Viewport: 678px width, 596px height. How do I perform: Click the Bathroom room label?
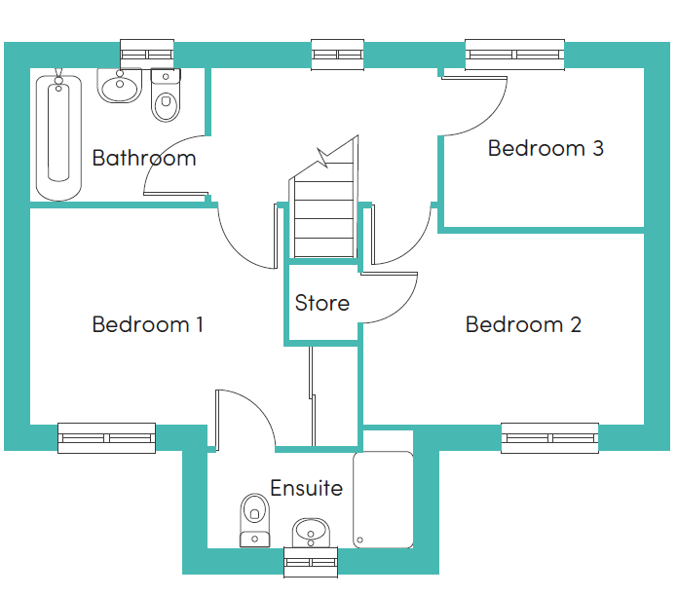(143, 158)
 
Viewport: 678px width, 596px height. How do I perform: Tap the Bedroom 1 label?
(147, 324)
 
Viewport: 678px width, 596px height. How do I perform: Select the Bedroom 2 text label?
(523, 324)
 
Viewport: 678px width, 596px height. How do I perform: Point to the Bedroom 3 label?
(546, 148)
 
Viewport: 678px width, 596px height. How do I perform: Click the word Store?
(321, 303)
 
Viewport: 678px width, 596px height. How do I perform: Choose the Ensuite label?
(306, 488)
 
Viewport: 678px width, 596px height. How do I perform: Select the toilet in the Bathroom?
(166, 97)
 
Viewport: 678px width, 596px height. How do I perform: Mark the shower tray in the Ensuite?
(383, 499)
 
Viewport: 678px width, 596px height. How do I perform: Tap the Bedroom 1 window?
(106, 437)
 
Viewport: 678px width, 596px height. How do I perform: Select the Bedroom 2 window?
(549, 437)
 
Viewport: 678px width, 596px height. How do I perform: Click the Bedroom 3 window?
(515, 55)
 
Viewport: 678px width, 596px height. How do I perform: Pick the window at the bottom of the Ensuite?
(311, 562)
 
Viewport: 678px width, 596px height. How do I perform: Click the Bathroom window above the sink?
(146, 55)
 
